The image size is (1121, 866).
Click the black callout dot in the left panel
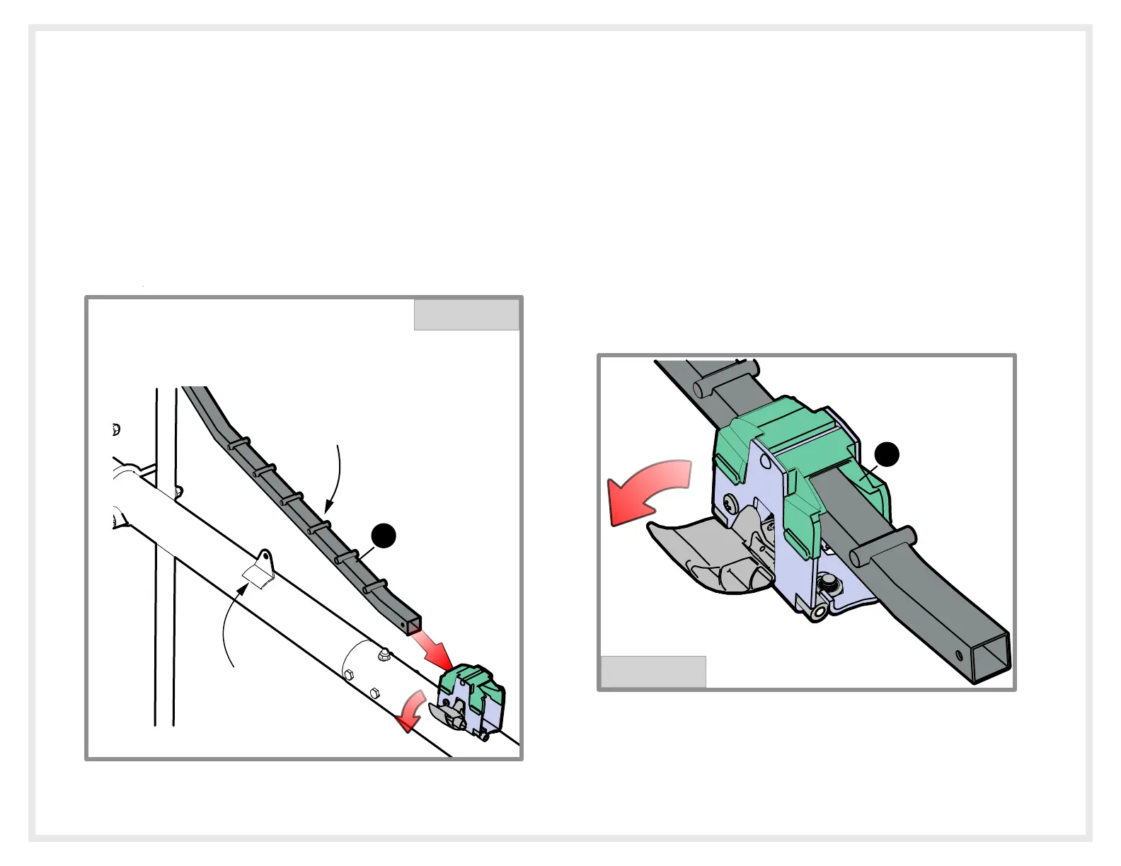tap(384, 536)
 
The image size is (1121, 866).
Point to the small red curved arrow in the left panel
tap(411, 713)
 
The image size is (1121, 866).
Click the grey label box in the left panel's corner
tap(466, 315)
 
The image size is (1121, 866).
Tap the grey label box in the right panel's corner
tap(653, 671)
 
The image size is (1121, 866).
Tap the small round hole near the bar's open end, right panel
tap(959, 652)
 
